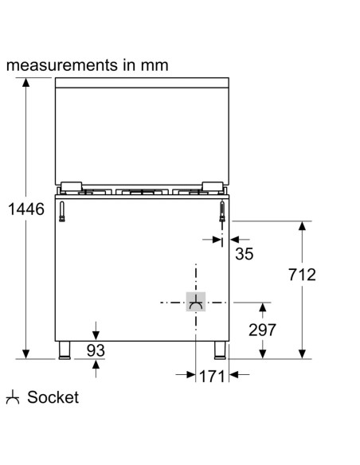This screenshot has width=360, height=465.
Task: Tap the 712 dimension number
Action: (300, 275)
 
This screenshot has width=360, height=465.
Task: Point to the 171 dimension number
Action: (211, 377)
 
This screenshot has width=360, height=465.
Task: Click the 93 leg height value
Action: (96, 350)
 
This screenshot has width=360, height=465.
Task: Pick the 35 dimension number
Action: (244, 254)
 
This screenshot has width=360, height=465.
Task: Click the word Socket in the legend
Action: (53, 397)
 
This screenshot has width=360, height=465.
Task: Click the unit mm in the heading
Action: (154, 64)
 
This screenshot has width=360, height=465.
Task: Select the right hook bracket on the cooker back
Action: (222, 210)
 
